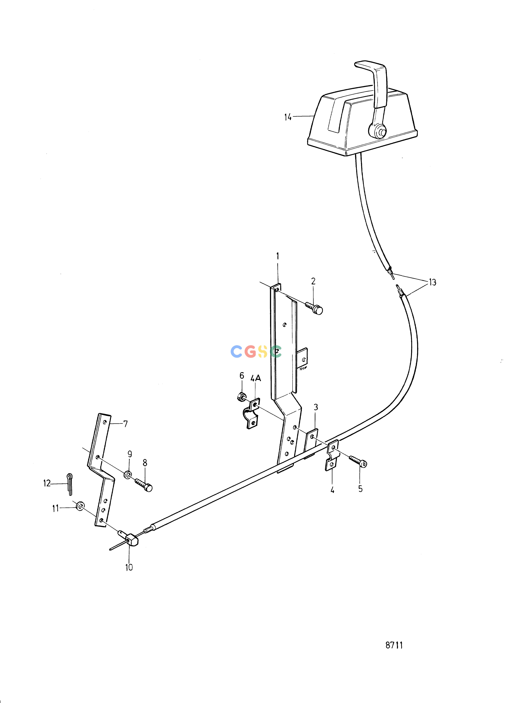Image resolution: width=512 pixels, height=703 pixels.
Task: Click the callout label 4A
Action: point(256,378)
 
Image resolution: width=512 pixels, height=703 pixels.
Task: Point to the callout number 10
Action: point(129,567)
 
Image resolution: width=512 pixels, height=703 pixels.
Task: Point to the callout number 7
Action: point(126,424)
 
